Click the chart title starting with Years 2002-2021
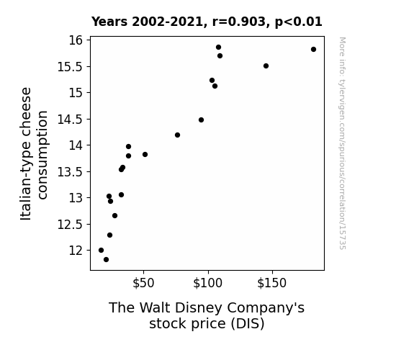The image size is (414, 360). tap(207, 22)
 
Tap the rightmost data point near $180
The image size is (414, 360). tap(313, 50)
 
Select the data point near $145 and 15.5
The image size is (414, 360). tap(266, 66)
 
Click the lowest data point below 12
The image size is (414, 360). tap(106, 260)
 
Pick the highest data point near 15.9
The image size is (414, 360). tap(218, 48)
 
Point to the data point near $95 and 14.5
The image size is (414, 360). tap(201, 120)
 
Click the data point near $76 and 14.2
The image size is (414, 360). tap(177, 135)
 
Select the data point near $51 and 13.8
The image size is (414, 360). tap(145, 154)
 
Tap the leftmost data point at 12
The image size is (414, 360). tap(101, 250)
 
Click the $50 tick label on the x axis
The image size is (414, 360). tap(143, 283)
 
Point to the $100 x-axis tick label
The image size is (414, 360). tap(208, 283)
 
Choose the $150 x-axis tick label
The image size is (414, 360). tap(272, 283)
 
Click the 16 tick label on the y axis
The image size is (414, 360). tap(76, 40)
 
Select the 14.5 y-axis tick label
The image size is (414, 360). tap(70, 120)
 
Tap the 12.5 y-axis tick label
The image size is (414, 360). tap(70, 225)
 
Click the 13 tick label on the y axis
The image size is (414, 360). tap(76, 198)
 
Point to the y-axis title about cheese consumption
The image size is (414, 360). tap(34, 153)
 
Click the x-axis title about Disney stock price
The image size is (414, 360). tap(207, 315)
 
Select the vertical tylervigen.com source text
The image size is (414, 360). tap(342, 143)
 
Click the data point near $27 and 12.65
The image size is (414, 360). tap(114, 216)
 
